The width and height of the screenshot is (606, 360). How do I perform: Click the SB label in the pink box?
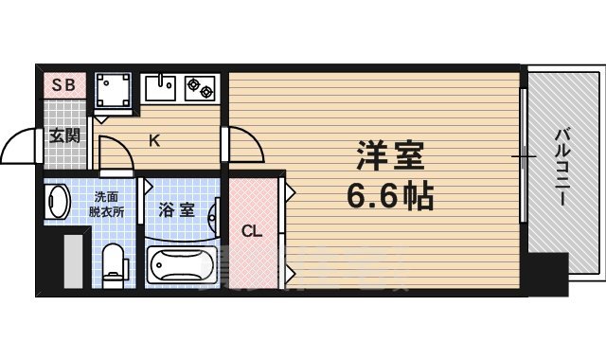coord(63,84)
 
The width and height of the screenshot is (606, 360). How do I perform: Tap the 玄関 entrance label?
coord(64,135)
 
